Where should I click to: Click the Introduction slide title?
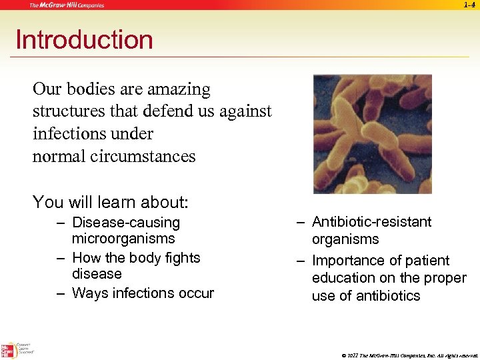[84, 40]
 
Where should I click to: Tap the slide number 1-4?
[469, 5]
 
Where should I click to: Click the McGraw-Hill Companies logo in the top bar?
[66, 5]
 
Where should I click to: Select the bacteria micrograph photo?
[373, 134]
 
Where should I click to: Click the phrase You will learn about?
[111, 201]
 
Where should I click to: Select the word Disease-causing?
[126, 223]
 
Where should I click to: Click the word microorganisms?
[123, 239]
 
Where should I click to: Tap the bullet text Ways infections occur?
[143, 293]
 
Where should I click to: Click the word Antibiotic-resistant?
[372, 222]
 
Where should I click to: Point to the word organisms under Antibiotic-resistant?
[345, 239]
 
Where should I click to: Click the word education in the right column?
[344, 278]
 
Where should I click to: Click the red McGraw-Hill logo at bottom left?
[8, 349]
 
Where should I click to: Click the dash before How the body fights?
[61, 258]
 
